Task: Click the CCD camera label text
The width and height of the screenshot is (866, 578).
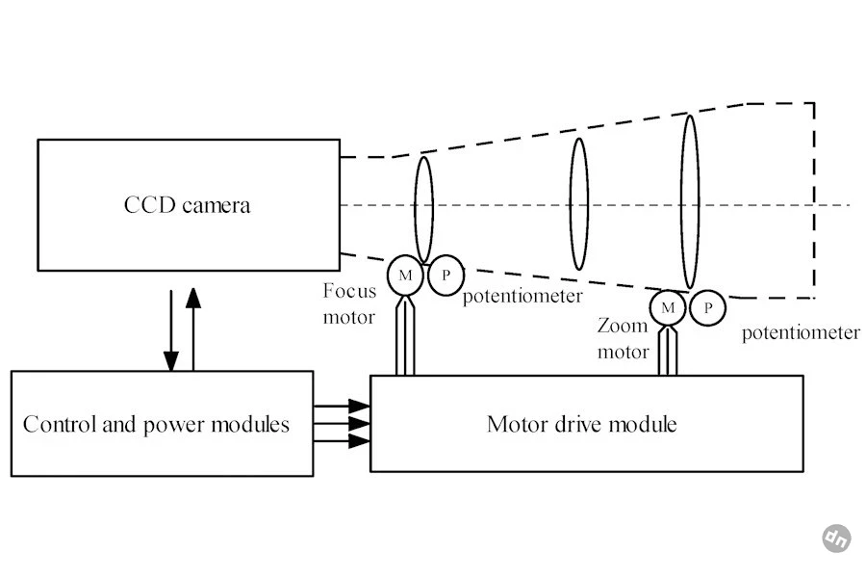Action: [188, 205]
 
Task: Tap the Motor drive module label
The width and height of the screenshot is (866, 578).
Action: [581, 424]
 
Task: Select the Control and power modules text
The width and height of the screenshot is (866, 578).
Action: [156, 425]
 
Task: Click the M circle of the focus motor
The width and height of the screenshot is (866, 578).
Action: [405, 275]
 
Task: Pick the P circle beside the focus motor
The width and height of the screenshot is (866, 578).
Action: [446, 275]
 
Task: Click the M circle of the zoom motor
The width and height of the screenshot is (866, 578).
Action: [668, 307]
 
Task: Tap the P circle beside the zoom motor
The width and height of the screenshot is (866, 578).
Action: [707, 307]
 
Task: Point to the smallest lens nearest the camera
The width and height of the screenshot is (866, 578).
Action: [423, 210]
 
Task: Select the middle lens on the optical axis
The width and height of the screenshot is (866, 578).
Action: [579, 204]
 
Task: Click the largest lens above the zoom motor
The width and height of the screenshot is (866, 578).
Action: [690, 202]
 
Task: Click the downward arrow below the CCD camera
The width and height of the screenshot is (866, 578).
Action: [171, 330]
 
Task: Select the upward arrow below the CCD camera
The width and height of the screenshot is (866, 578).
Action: [193, 328]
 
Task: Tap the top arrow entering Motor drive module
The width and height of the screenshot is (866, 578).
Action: [342, 406]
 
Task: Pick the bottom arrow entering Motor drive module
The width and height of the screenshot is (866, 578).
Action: [342, 441]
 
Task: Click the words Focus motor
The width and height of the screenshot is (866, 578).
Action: [349, 303]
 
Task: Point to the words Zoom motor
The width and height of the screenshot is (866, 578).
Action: [623, 338]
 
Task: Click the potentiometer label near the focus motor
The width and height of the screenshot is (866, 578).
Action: [522, 297]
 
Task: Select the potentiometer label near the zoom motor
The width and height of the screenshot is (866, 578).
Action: [801, 333]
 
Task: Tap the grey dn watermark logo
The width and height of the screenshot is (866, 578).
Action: [836, 539]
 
